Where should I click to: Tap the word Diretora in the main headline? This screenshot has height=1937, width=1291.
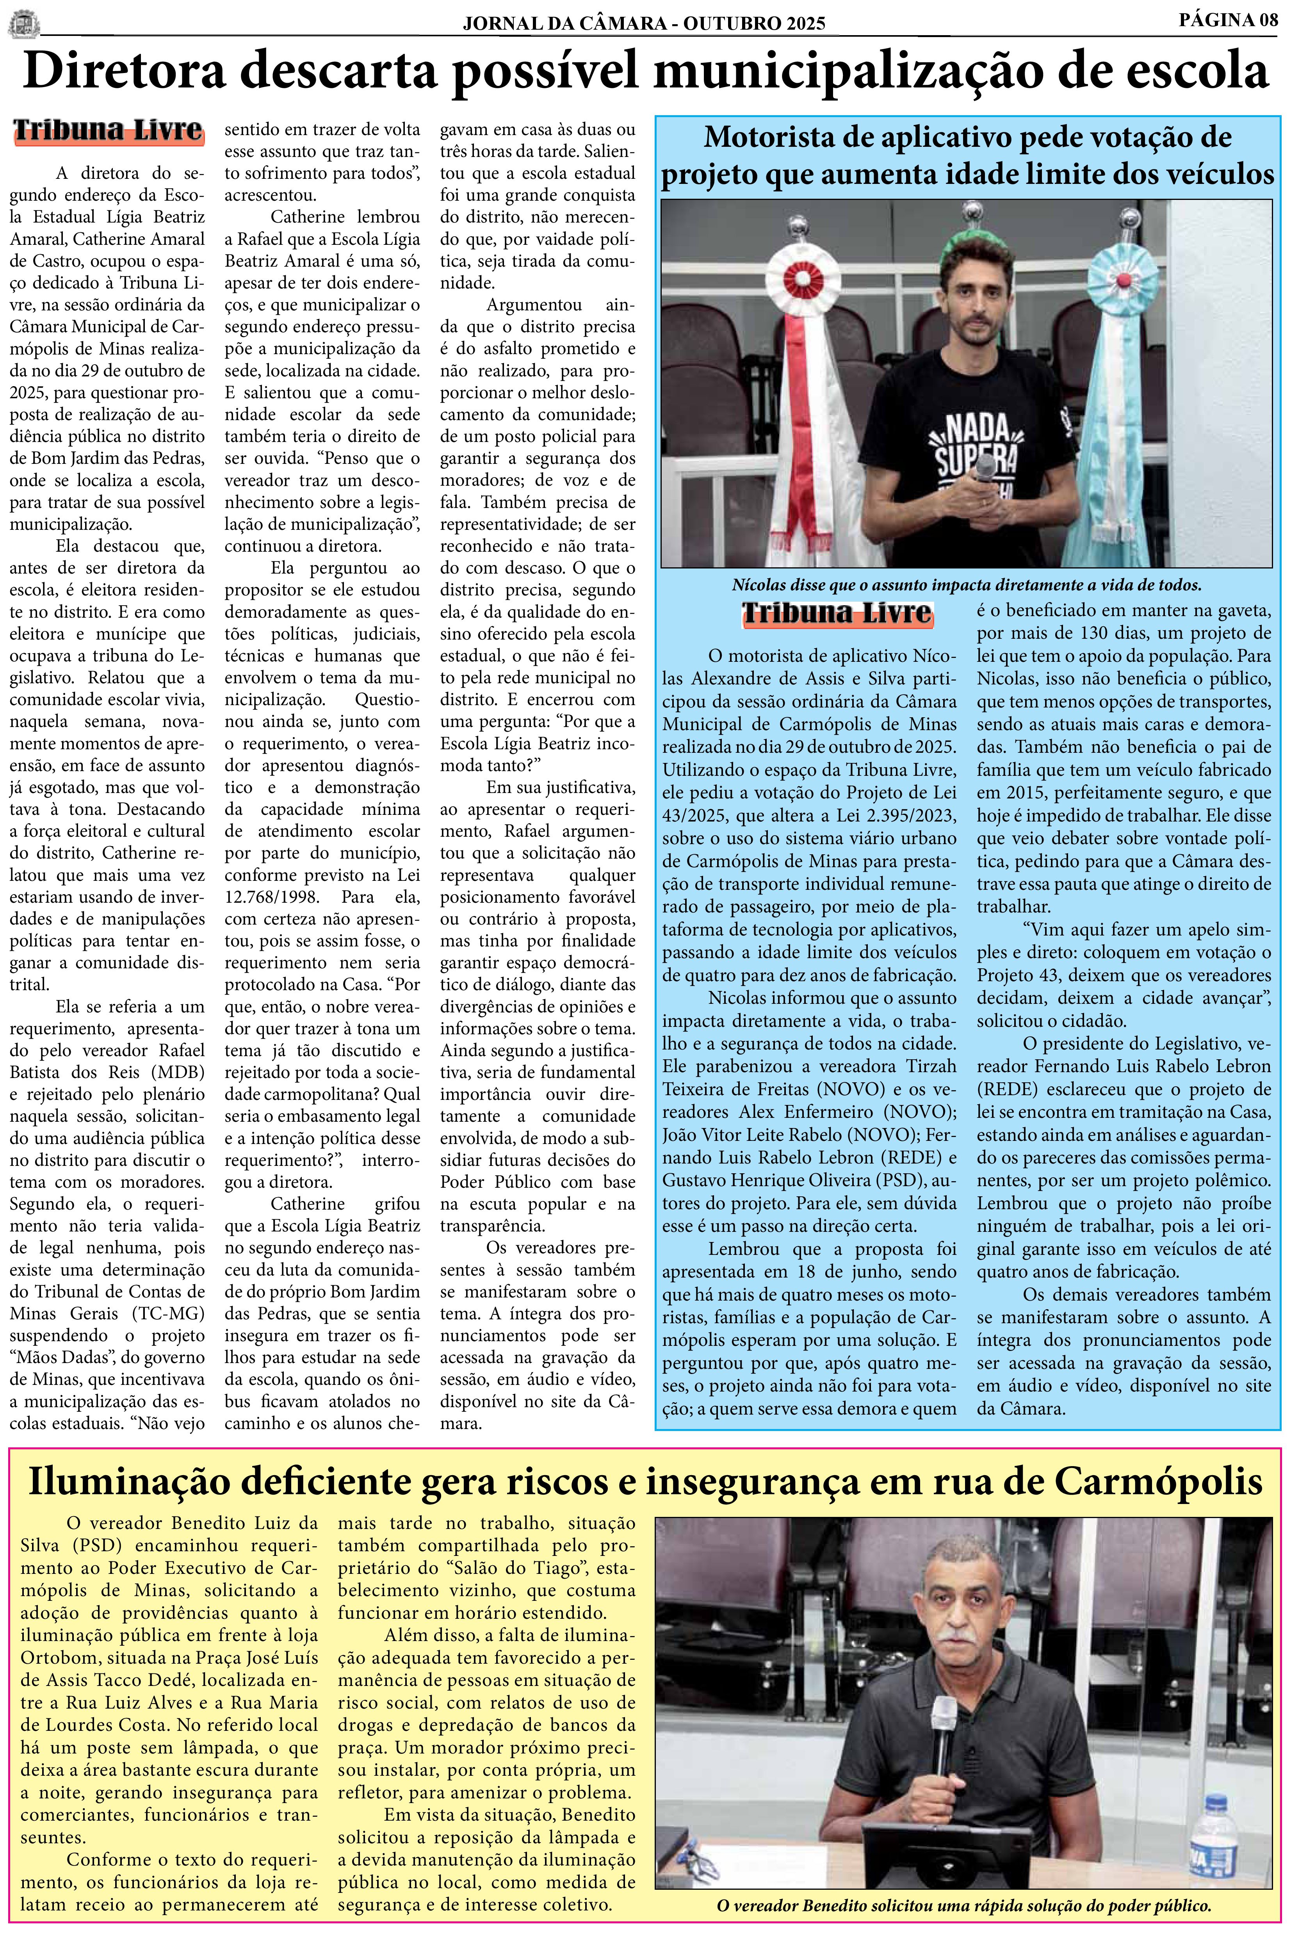(123, 73)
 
